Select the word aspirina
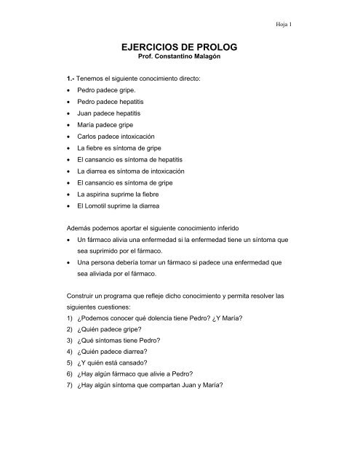(97, 194)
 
